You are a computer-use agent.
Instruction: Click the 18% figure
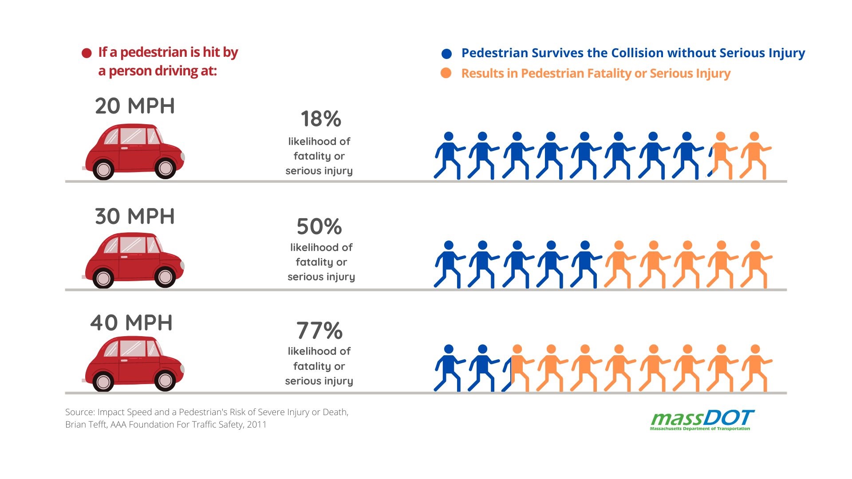tap(321, 119)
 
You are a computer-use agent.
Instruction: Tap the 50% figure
tap(319, 227)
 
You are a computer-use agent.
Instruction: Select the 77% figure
tap(319, 331)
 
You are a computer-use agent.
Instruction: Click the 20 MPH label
tap(135, 106)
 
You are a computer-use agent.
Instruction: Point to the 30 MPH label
tap(135, 216)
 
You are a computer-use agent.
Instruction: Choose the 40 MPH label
tap(131, 323)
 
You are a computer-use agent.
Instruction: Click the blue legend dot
tap(446, 54)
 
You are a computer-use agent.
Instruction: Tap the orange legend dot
tap(446, 73)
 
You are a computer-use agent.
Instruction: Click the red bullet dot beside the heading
tap(87, 53)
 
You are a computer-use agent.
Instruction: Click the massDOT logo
tap(702, 420)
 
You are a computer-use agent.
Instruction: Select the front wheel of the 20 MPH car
tap(166, 168)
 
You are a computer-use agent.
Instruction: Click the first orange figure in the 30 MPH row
tap(619, 265)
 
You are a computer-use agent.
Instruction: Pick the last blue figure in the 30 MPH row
tap(585, 265)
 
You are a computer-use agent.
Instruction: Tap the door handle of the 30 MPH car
tap(124, 257)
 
